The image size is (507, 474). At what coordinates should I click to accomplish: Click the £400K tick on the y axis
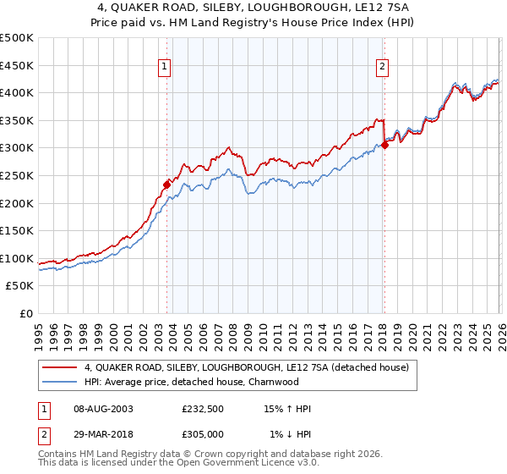(x=17, y=92)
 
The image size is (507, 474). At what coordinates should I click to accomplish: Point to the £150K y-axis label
(x=17, y=230)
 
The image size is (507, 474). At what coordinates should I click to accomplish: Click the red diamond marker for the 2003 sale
(x=166, y=185)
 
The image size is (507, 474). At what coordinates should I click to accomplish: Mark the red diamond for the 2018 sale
(x=384, y=145)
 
